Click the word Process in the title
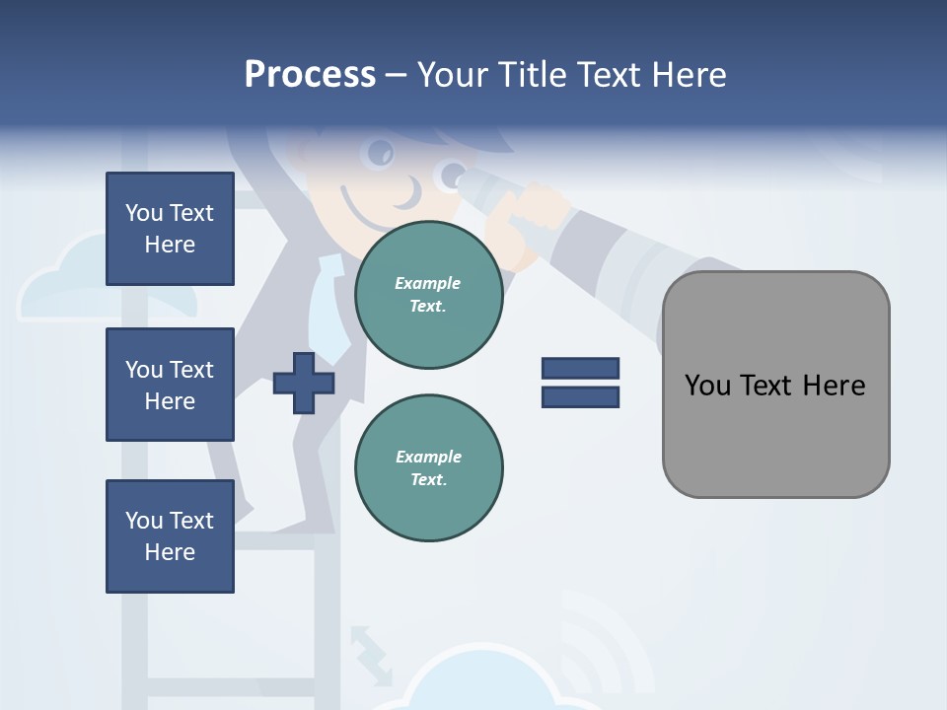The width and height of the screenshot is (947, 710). tap(310, 75)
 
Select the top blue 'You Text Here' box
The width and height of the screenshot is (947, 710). tap(170, 229)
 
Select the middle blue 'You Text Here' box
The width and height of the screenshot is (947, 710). tap(170, 385)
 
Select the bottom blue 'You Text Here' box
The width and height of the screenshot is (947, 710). tap(170, 536)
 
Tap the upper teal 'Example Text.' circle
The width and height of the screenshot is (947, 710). tap(429, 295)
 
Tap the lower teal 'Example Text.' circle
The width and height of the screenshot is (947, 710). tap(429, 468)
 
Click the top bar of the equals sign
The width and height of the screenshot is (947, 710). tap(580, 368)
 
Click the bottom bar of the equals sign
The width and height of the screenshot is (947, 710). tap(580, 396)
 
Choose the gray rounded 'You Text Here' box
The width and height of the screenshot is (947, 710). tap(775, 385)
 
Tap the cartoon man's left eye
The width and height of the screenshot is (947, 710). tap(381, 153)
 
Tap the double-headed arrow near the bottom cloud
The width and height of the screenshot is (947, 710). tap(370, 654)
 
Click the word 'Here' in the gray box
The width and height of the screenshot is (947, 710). tap(834, 385)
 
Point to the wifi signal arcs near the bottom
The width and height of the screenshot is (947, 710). tap(602, 641)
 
